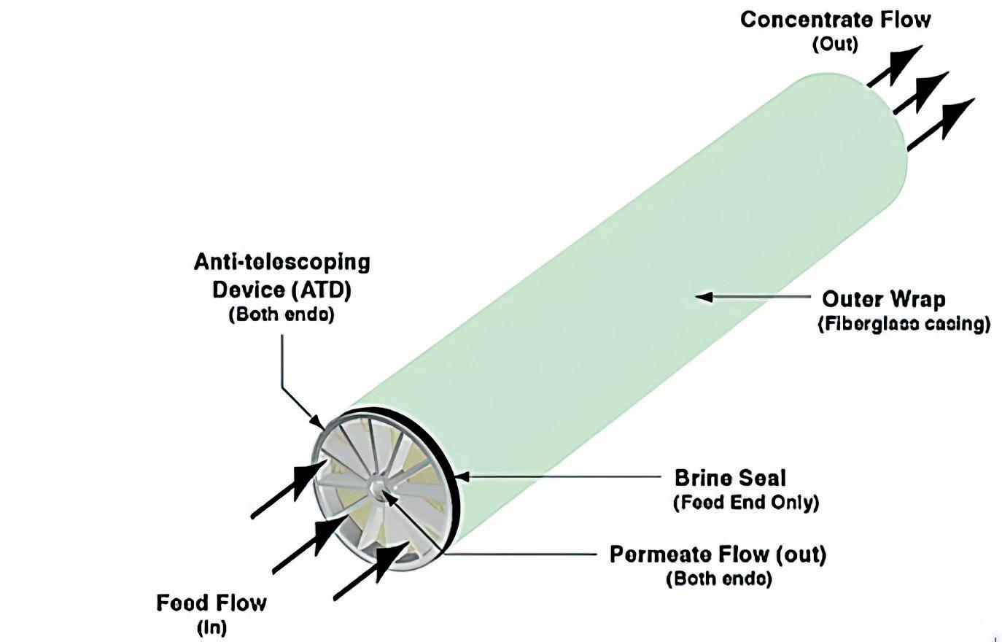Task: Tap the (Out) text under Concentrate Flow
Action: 835,45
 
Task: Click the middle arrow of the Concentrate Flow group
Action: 921,93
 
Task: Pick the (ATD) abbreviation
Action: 321,290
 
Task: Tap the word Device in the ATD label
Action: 248,290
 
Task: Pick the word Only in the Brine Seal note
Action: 793,503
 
